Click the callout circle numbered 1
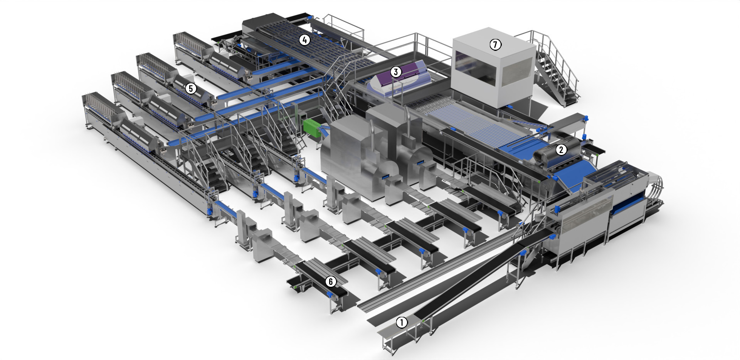tap(402, 322)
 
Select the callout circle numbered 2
tap(561, 150)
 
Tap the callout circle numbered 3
tap(395, 71)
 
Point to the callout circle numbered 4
tap(305, 40)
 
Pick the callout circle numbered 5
tap(190, 88)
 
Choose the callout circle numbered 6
tap(330, 282)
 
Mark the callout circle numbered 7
tap(495, 45)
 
